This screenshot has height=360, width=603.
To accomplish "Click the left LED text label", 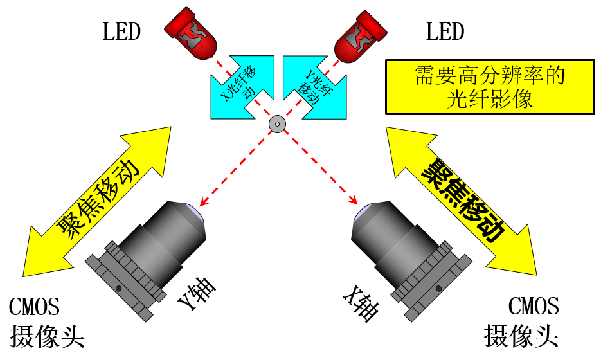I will tap(122, 32).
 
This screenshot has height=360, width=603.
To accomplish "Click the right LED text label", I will tap(445, 32).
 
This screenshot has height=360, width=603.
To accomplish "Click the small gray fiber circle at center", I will tap(278, 123).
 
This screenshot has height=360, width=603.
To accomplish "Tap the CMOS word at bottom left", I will tap(35, 306).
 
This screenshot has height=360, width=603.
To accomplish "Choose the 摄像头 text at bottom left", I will tap(48, 336).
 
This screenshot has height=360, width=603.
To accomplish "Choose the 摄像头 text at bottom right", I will tap(521, 336).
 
